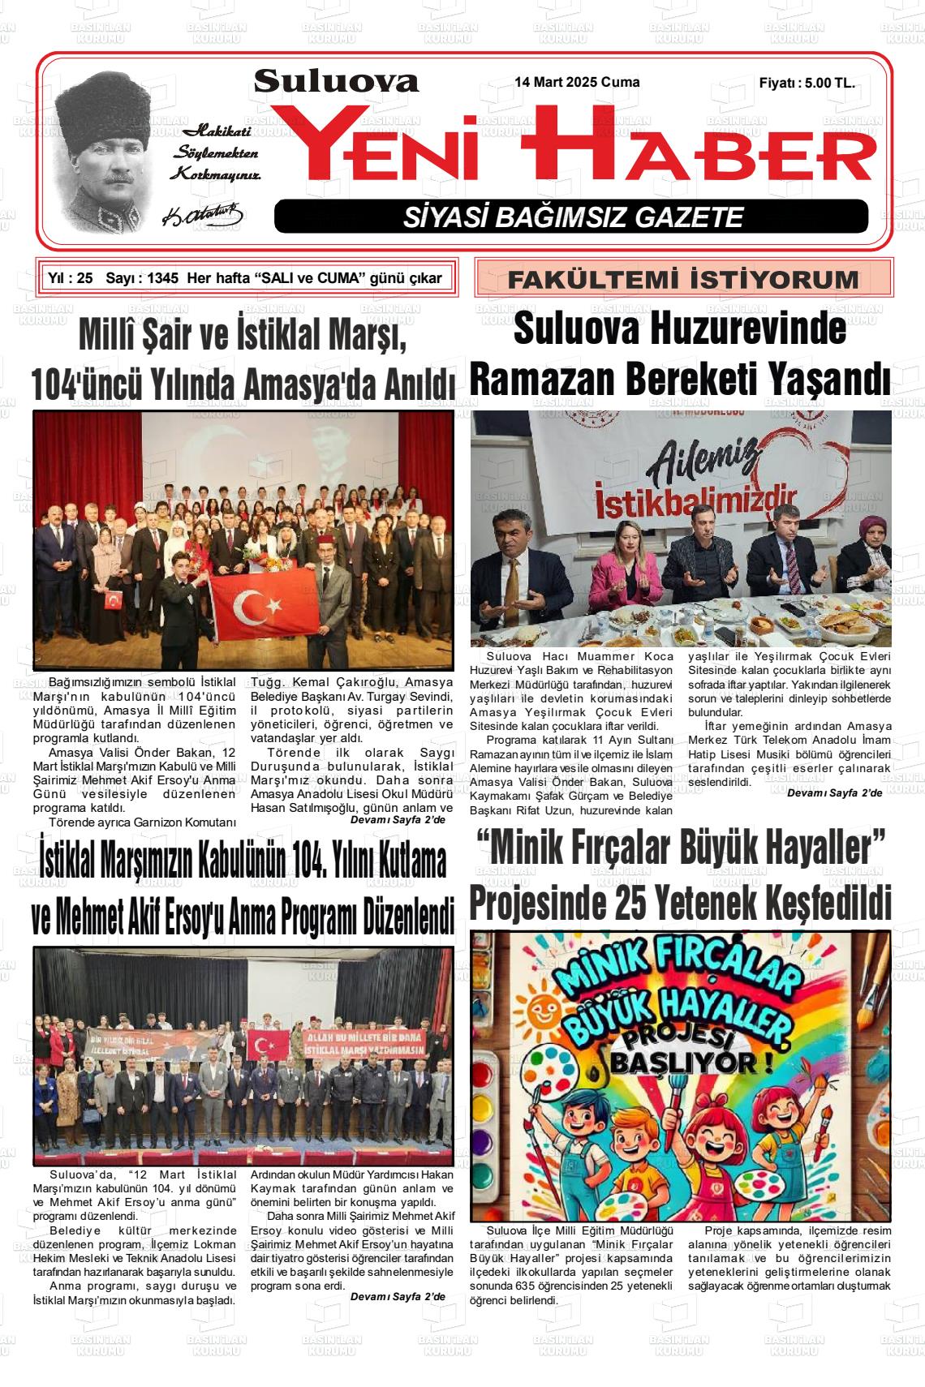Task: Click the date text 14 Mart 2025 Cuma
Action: tap(577, 83)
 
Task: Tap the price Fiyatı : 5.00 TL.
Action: tap(807, 83)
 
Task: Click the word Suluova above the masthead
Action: tap(336, 81)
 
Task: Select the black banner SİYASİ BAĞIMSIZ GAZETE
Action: tap(571, 217)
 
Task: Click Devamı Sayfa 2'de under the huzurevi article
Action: tap(834, 792)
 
